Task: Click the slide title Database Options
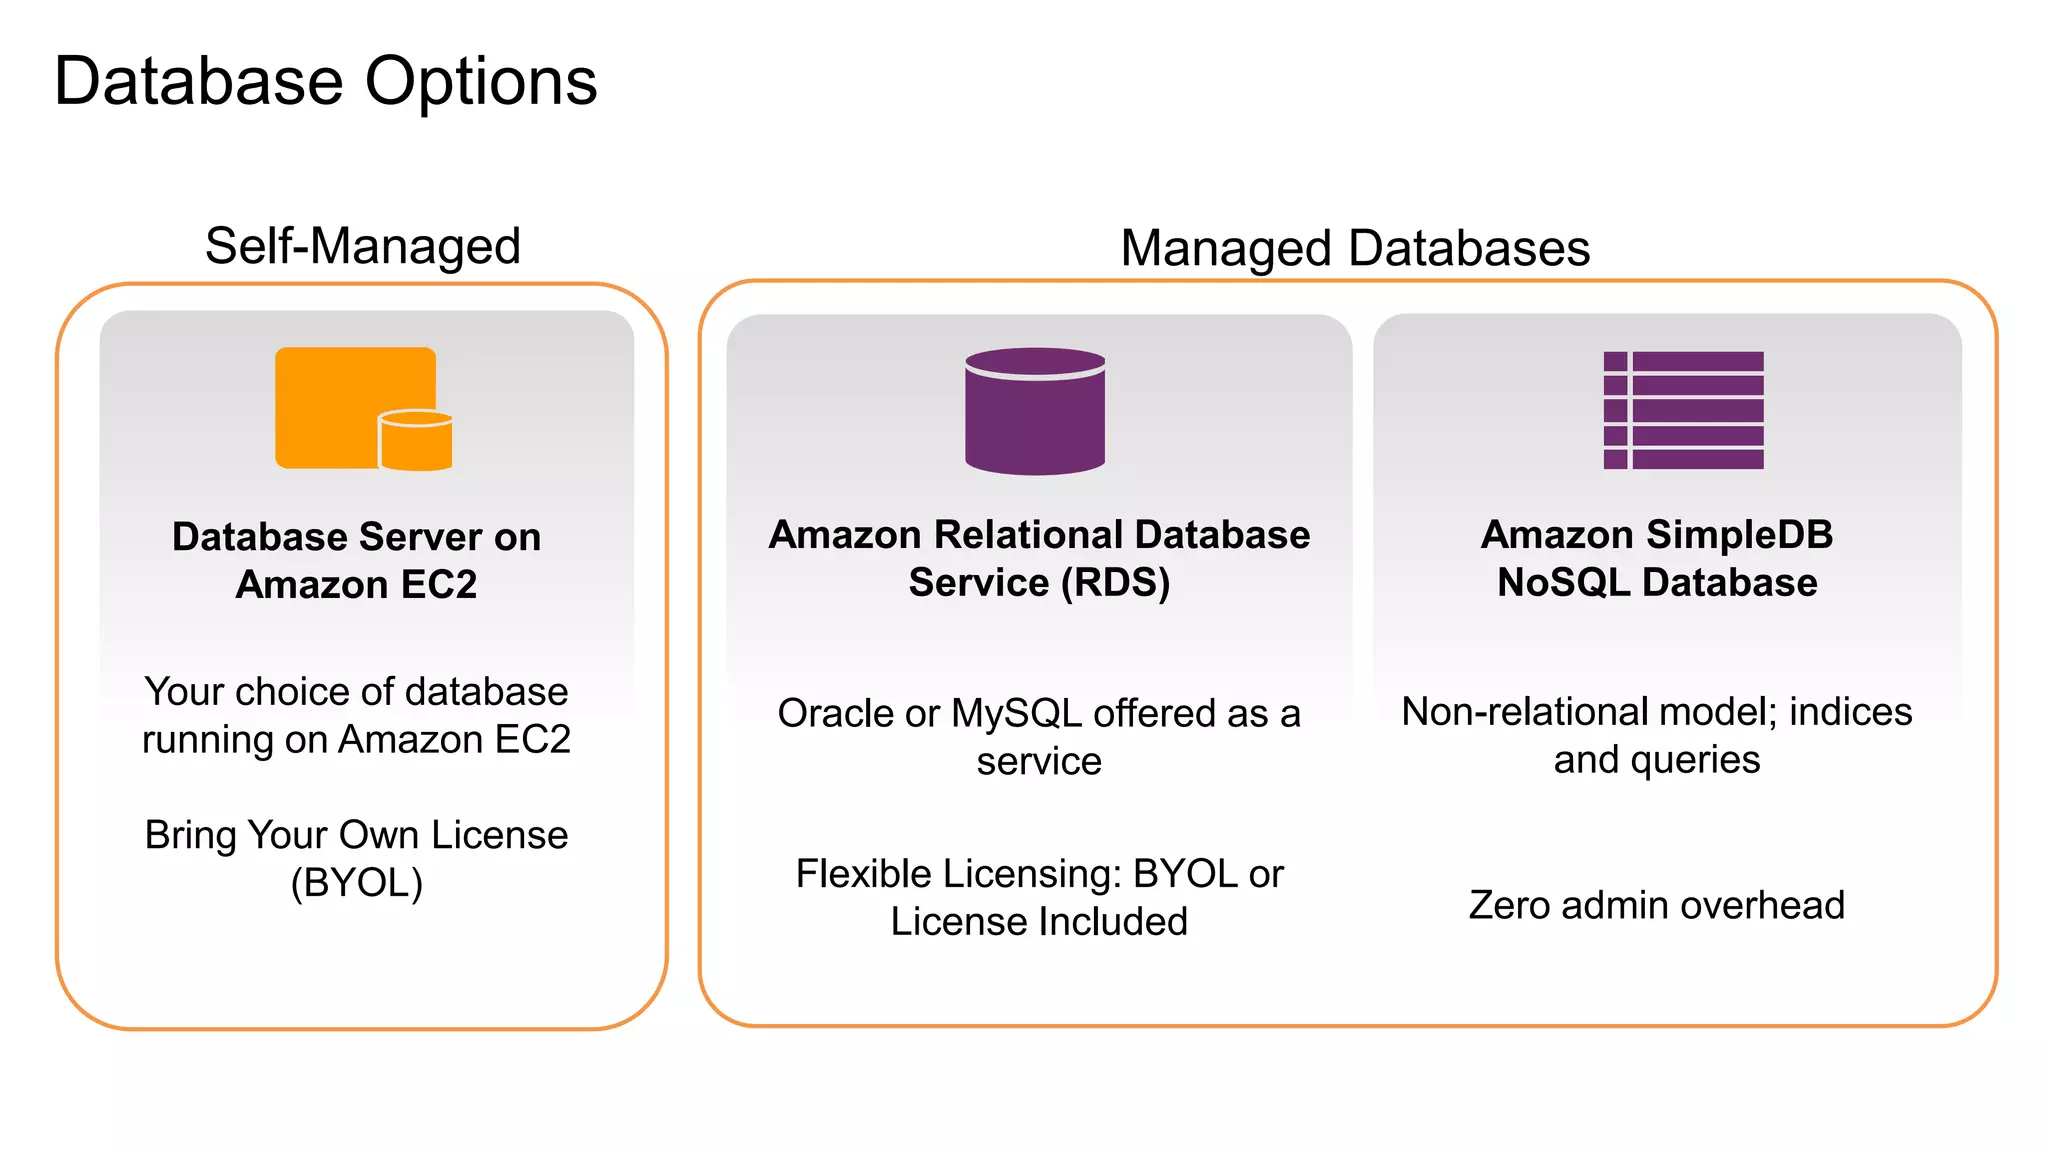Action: coord(325,82)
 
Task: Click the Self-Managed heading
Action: coord(363,246)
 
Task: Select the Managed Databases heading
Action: coord(1355,248)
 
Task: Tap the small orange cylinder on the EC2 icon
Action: coord(416,441)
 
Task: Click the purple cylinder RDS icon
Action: coord(1035,411)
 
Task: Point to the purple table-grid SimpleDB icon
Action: coord(1683,410)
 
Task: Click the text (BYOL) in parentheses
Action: coord(357,883)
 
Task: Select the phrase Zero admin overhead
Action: coord(1656,905)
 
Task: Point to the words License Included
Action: coord(1039,922)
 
